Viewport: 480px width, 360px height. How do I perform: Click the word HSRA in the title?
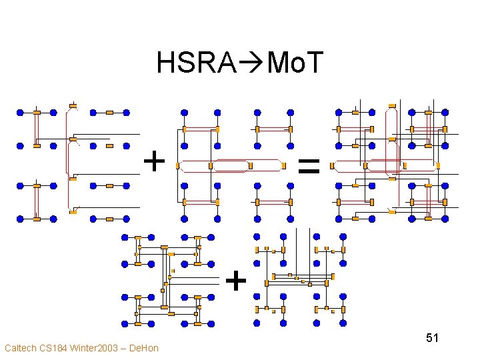coord(196,63)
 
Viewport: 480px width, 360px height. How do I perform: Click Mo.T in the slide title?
coord(294,63)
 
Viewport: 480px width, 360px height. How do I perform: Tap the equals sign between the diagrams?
coord(309,165)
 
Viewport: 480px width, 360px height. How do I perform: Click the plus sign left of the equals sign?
coord(155,161)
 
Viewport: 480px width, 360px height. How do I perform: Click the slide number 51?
coord(432,338)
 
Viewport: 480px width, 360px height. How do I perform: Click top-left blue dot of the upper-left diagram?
coord(20,112)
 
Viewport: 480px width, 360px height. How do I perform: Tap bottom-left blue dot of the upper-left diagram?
coord(20,218)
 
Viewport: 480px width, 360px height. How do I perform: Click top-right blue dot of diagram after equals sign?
coord(445,112)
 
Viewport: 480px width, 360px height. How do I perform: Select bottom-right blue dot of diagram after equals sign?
coord(445,218)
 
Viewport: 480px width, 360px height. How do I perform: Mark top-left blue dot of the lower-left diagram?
coord(123,237)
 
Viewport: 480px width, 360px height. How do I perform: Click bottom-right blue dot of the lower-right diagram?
coord(343,323)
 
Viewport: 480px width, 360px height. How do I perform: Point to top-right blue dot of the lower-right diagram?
coord(343,235)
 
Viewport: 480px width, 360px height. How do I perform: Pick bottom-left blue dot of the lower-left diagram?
coord(123,323)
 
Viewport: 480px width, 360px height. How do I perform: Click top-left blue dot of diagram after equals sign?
coord(339,112)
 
